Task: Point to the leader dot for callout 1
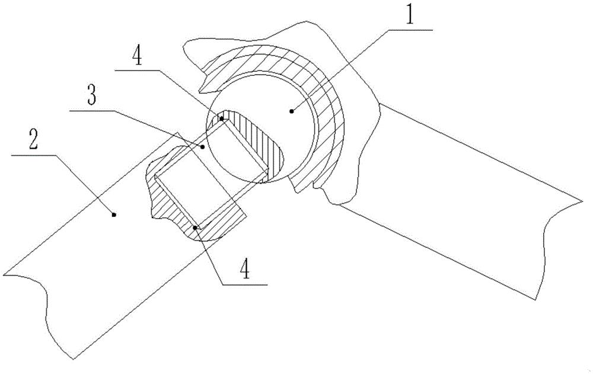292,111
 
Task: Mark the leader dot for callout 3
203,146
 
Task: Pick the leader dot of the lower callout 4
195,226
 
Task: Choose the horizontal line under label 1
409,28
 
